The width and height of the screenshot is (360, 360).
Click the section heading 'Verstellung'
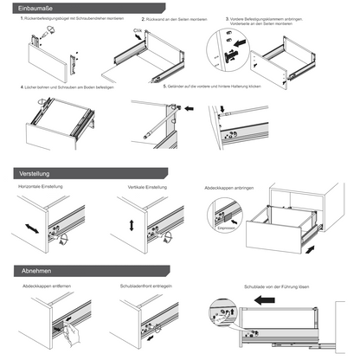pos(33,174)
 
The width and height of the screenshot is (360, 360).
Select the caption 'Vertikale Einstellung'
pos(144,188)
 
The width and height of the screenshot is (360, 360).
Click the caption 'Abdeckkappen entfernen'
pos(48,285)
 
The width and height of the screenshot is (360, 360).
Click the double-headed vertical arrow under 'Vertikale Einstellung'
pos(132,224)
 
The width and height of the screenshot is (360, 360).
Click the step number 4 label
pos(21,87)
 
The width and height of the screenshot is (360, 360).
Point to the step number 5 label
pos(164,87)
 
